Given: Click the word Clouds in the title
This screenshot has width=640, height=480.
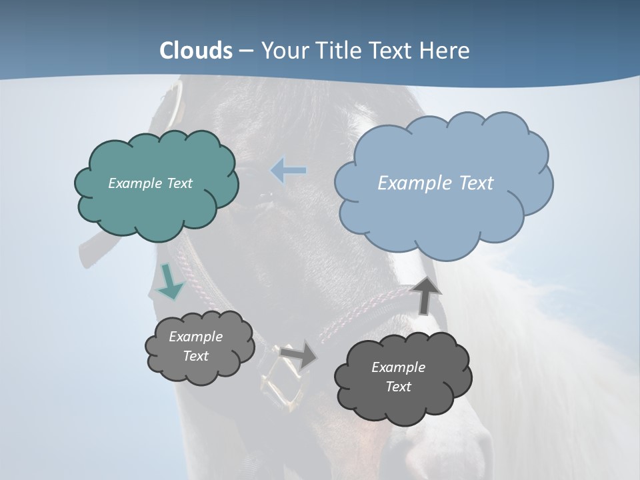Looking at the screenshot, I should (196, 51).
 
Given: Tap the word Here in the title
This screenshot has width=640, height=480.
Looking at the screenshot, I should (445, 51).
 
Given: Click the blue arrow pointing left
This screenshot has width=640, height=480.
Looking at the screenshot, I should (289, 171).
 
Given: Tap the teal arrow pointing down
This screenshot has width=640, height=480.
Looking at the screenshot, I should (170, 282).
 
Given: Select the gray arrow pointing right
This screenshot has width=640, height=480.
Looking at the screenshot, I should (298, 355).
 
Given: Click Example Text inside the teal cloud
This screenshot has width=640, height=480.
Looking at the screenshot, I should (150, 183).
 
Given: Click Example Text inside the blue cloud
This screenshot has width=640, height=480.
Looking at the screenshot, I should (435, 183).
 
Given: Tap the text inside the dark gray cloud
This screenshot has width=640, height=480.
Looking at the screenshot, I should (398, 377).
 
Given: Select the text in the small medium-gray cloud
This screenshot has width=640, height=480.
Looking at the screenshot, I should (195, 346).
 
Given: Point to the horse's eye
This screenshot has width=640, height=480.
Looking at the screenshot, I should (267, 195).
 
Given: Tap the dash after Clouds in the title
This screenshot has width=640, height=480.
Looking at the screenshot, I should (245, 51).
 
